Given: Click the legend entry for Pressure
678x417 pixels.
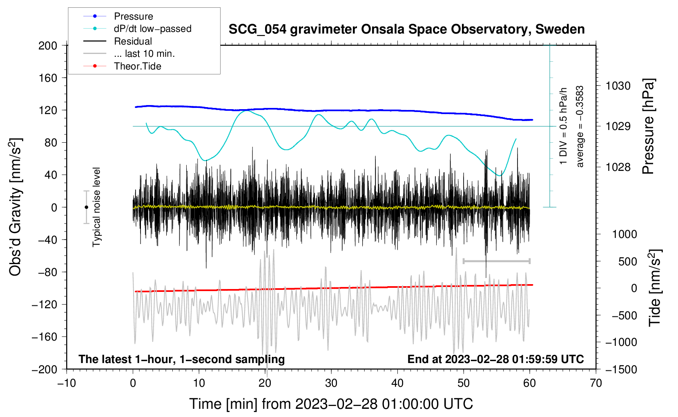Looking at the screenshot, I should pos(133,16).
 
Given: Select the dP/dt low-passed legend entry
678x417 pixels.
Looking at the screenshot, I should pos(152,29).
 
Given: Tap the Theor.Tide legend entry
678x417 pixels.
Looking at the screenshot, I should pos(137,66).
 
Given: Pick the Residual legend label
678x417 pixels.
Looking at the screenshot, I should pos(133,41).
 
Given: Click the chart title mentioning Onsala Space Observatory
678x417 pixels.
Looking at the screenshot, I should pos(406,29).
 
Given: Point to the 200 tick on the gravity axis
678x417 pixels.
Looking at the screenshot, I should pos(48,45).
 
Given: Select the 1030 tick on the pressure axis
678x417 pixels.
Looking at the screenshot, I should pos(618,86).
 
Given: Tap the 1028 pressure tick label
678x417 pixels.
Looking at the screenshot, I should pos(618,167).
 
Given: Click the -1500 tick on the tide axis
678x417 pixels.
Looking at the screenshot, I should pos(621,369).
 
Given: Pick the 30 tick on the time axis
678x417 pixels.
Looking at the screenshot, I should pos(331,383).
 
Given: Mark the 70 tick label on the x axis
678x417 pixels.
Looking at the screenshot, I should pos(596,383).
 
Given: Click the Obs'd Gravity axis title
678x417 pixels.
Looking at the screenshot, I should pos(16,207).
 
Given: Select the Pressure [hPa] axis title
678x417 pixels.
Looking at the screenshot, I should pos(648,126).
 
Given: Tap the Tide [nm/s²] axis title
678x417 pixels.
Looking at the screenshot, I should pos(655,287).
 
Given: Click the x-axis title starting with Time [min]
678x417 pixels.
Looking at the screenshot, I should pos(331,404).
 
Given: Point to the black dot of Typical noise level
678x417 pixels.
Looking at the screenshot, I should pos(86,207).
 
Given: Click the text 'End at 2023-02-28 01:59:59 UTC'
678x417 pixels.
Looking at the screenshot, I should pos(495,359).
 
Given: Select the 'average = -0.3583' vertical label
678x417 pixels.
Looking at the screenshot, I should pos(580,126).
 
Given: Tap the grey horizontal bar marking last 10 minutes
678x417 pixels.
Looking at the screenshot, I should pos(496,261).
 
